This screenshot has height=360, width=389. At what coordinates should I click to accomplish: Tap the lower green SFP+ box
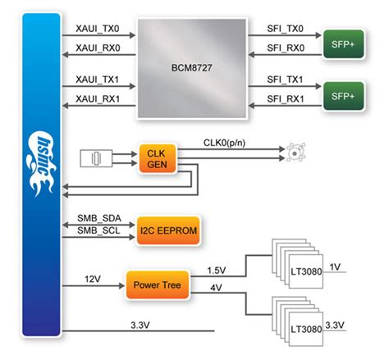tap(342, 94)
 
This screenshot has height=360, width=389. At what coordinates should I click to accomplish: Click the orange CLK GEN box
tap(156, 157)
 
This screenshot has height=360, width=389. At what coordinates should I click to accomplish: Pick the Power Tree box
tap(156, 286)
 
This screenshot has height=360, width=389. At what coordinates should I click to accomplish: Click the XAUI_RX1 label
tap(98, 100)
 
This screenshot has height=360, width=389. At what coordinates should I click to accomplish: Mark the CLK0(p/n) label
tap(231, 143)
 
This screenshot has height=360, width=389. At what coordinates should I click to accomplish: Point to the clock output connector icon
tap(293, 152)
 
